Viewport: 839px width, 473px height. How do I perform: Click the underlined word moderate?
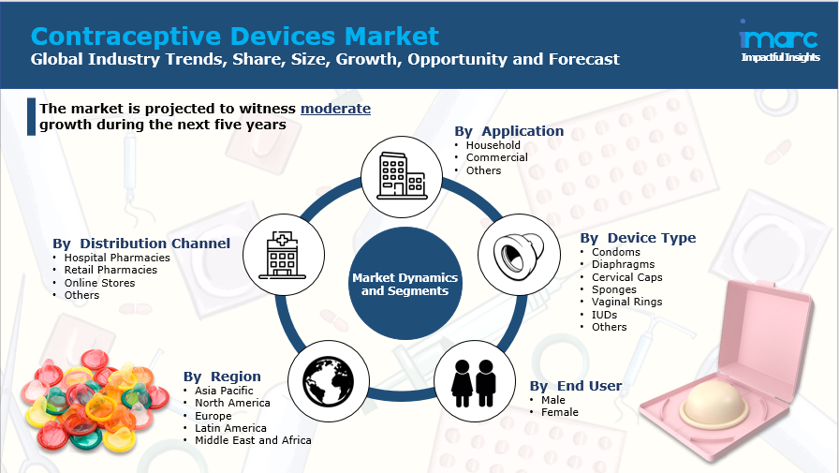(x=335, y=109)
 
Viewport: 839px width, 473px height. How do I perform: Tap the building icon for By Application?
(x=395, y=171)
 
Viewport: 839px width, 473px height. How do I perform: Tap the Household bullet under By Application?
(x=493, y=145)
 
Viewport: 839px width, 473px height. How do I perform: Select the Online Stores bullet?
(x=99, y=283)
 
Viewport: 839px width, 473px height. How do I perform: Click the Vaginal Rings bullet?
(x=626, y=302)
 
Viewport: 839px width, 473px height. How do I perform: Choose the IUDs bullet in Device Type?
(x=604, y=315)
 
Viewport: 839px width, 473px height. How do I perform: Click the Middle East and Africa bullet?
(x=253, y=440)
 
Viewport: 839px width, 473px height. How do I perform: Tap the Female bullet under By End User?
(x=559, y=412)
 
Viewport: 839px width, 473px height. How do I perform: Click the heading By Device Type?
(x=638, y=238)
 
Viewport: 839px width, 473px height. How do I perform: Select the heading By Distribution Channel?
(x=141, y=244)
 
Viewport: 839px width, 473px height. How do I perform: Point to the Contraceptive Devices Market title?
(x=234, y=36)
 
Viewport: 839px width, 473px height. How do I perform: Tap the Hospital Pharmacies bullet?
(x=117, y=258)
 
